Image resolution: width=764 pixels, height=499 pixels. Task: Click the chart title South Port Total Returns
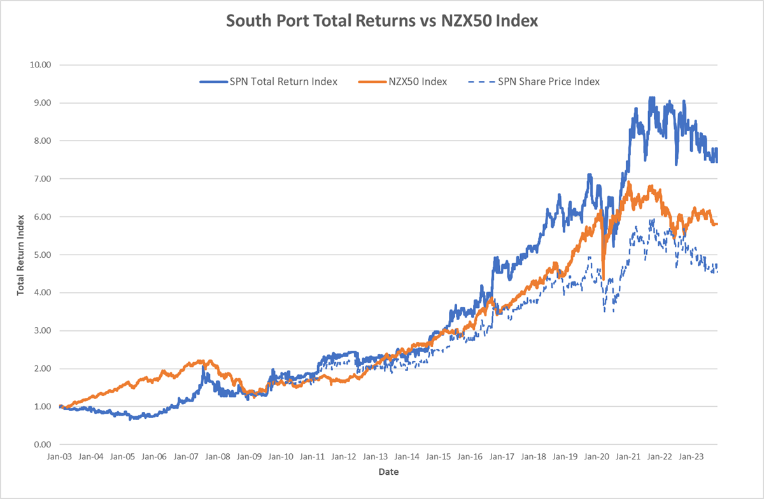[382, 21]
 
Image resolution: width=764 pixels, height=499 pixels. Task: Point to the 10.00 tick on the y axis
[41, 65]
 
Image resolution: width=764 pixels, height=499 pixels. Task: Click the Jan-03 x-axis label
[60, 456]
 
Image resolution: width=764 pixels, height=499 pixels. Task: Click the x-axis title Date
[388, 472]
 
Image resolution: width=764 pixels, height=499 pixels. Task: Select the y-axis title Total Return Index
[21, 255]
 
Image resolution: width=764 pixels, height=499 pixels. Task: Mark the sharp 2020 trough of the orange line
[603, 278]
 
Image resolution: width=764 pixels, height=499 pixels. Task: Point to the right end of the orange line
[718, 224]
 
